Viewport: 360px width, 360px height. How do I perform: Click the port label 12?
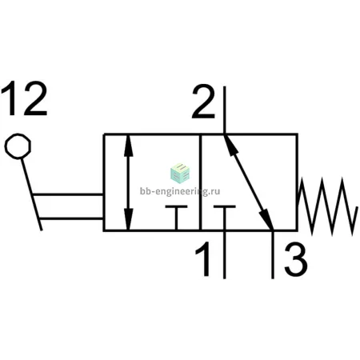24,98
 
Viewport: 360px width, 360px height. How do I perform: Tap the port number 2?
203,102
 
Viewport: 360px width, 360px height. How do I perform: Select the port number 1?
204,258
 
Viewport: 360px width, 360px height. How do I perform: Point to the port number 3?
296,260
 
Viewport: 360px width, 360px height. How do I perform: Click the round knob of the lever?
18,146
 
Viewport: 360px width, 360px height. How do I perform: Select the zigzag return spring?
327,206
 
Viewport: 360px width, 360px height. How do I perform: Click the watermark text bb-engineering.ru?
180,191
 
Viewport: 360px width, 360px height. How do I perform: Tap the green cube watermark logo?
180,174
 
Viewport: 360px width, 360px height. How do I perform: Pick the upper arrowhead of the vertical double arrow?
129,146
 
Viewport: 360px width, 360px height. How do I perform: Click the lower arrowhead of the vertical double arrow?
129,218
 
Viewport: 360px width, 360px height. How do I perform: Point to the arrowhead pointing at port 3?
266,219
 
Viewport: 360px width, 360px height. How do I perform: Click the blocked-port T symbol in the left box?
176,218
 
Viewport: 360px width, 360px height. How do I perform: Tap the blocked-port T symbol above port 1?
225,218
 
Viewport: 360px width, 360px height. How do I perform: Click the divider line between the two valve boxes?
200,182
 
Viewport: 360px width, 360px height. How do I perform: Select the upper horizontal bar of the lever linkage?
67,194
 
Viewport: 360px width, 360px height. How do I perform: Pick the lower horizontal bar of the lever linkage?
71,219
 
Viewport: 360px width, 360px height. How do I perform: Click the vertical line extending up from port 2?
225,110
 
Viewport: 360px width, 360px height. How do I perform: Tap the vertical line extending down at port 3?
273,254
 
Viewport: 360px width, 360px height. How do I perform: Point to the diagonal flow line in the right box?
249,182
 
